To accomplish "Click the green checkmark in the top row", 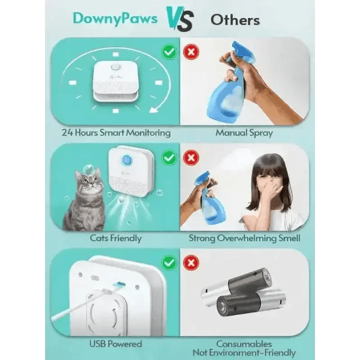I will pyautogui.click(x=169, y=52).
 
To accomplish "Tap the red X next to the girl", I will pyautogui.click(x=192, y=158).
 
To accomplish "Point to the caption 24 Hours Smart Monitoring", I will pyautogui.click(x=116, y=133).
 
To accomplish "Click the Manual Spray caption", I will pyautogui.click(x=244, y=133).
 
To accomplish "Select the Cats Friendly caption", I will pyautogui.click(x=116, y=238).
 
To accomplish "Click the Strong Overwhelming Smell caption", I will pyautogui.click(x=244, y=238).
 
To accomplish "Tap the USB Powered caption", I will pyautogui.click(x=116, y=344).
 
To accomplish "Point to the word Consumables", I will pyautogui.click(x=244, y=344).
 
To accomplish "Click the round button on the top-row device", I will pyautogui.click(x=116, y=68).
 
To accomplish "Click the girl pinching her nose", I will pyautogui.click(x=270, y=189).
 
